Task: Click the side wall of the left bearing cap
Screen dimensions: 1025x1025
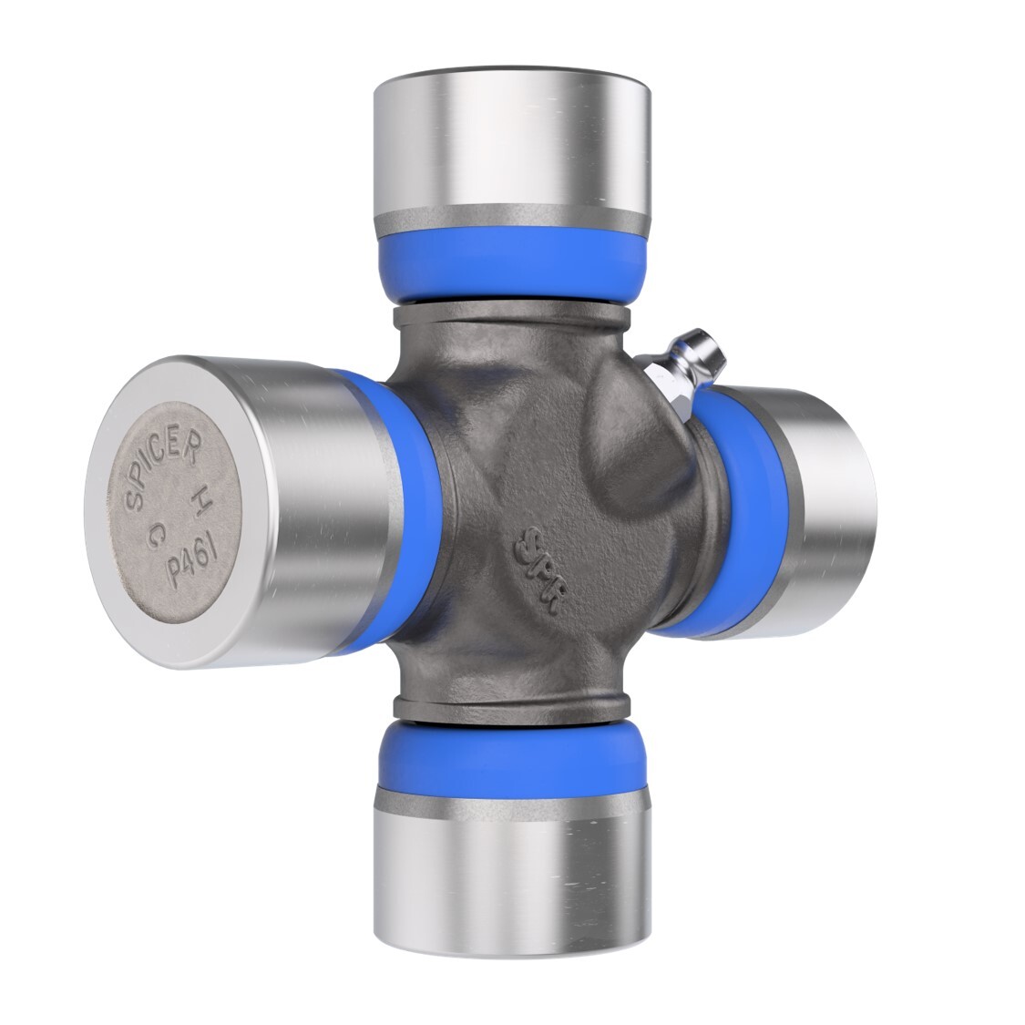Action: point(301,510)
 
